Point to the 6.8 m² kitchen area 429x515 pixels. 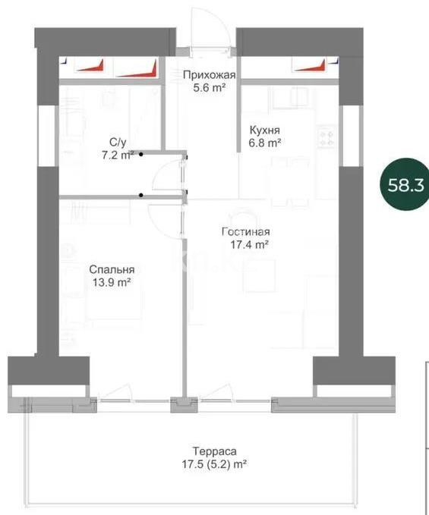click(x=266, y=142)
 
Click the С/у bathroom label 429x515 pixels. click(x=118, y=142)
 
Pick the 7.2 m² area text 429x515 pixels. click(x=118, y=155)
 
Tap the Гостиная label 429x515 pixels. click(x=246, y=232)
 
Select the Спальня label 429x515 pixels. click(x=112, y=269)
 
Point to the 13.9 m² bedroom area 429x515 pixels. click(x=112, y=282)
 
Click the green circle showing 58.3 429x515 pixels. click(x=403, y=184)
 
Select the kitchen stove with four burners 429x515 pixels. click(x=327, y=138)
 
